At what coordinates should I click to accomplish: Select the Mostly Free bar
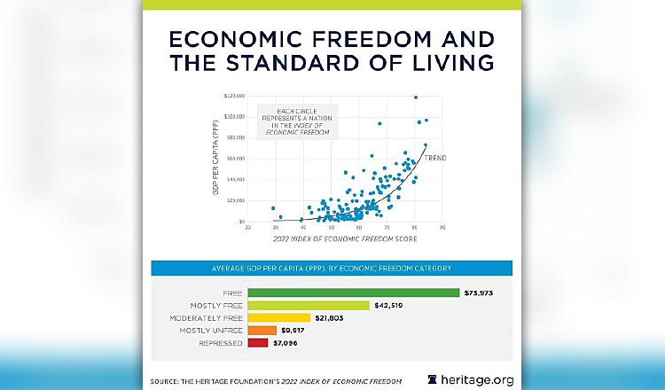click(308, 305)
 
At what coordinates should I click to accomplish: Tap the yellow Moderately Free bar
click(278, 317)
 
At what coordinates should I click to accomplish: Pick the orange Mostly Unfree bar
click(258, 330)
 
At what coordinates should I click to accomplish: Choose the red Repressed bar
click(257, 342)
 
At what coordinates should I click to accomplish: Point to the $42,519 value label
click(388, 305)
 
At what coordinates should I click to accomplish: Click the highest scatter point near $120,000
click(415, 97)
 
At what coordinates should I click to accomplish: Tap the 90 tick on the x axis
click(442, 229)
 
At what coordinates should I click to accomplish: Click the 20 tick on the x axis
click(247, 229)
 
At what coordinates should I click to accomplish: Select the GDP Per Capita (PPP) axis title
click(216, 160)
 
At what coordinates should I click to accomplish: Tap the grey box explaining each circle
click(293, 120)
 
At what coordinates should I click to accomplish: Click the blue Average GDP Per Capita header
click(332, 268)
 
